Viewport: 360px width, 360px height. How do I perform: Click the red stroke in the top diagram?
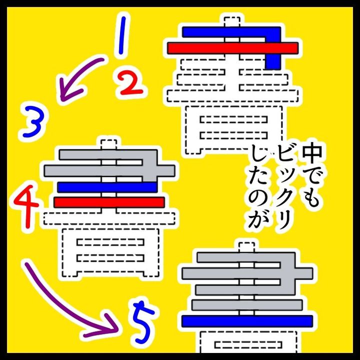(232, 48)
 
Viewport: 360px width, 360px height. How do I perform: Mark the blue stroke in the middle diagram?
(107, 187)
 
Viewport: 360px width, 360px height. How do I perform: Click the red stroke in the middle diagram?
(109, 202)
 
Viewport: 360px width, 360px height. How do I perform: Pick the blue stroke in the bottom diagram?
(247, 321)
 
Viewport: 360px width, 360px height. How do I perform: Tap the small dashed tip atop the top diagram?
(232, 22)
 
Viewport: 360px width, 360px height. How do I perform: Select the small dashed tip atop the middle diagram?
(109, 144)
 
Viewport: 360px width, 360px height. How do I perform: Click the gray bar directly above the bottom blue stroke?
(247, 304)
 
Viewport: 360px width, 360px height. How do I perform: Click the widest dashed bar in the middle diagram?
(109, 218)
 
